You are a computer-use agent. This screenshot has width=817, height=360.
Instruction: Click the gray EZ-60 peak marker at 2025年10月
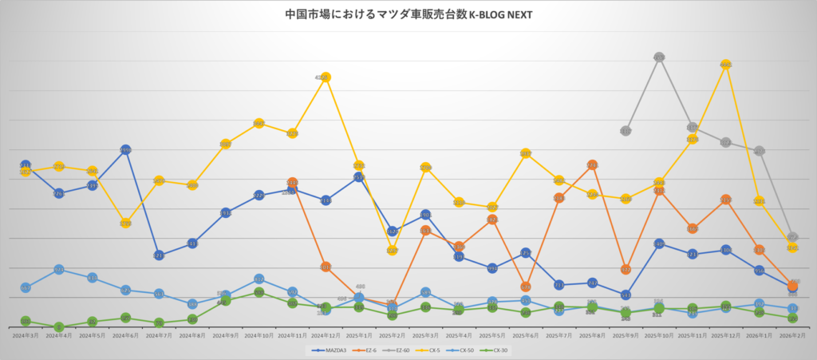(659, 57)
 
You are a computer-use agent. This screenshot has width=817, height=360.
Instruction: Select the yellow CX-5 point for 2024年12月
(325, 77)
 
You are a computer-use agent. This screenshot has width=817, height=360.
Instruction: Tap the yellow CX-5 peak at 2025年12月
(725, 64)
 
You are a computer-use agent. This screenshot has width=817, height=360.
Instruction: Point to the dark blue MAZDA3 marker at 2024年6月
(125, 150)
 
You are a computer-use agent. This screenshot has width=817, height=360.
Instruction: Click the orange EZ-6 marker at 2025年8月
(592, 165)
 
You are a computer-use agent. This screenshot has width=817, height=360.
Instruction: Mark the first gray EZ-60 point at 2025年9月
(626, 130)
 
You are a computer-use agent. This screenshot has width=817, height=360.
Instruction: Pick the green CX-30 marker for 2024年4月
(59, 327)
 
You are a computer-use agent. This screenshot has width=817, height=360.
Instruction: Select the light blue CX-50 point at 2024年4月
(59, 270)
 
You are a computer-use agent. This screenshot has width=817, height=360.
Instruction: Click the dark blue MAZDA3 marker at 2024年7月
(159, 255)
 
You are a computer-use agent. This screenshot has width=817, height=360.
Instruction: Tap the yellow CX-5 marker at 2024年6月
(125, 224)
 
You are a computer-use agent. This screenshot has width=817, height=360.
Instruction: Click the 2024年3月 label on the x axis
(26, 337)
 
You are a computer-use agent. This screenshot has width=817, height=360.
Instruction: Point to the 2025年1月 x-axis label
(359, 337)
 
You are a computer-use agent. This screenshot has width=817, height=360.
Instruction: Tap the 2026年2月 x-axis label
(792, 337)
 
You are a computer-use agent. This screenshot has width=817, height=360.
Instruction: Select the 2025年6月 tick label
(526, 337)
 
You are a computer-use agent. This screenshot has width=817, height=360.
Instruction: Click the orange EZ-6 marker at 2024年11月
(292, 183)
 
